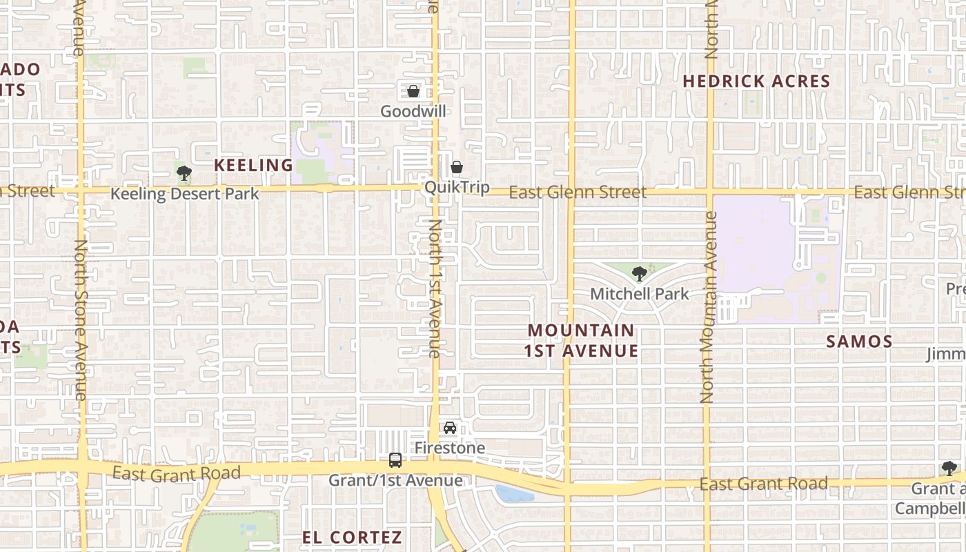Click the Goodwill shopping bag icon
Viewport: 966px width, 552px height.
(x=413, y=91)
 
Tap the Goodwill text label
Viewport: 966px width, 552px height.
(x=413, y=111)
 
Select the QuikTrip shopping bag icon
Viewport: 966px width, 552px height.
(x=456, y=167)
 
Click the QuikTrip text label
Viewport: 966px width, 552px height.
(x=457, y=187)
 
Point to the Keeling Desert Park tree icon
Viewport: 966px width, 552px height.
(x=184, y=172)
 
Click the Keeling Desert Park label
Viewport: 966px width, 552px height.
(x=185, y=193)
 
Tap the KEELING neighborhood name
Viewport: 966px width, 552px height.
(x=254, y=165)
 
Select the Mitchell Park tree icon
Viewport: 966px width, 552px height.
(x=640, y=274)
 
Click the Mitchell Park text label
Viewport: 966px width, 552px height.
(x=640, y=294)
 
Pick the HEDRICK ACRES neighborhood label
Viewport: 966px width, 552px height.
(x=756, y=81)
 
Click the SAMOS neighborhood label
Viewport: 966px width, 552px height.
(x=859, y=341)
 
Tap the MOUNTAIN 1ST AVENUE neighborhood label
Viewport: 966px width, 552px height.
(x=581, y=341)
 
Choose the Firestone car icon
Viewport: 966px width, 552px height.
(x=450, y=428)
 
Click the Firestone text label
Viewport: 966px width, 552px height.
(x=450, y=448)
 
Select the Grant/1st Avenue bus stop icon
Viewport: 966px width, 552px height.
(x=395, y=460)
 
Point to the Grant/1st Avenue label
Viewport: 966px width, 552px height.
(x=395, y=480)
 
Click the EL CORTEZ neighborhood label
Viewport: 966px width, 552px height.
(x=352, y=537)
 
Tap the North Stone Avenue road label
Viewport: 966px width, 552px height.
(x=80, y=319)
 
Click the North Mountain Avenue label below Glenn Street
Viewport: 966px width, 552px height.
(x=709, y=307)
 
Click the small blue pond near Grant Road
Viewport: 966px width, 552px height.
(x=513, y=493)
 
